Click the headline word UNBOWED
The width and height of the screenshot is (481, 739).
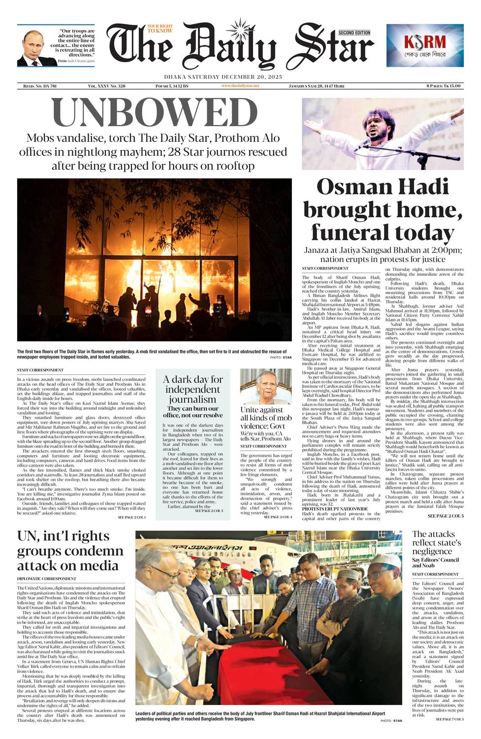[x=155, y=112]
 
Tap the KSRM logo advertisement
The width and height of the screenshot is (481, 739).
[x=424, y=45]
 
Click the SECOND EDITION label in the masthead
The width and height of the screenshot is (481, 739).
[x=354, y=33]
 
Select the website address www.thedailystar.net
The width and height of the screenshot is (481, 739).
[x=240, y=86]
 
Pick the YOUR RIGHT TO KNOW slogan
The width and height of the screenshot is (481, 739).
[x=160, y=29]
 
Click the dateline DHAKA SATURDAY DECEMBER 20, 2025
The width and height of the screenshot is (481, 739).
[x=223, y=77]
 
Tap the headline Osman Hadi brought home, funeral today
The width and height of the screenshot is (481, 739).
[x=383, y=209]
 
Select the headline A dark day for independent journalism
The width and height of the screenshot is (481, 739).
[x=192, y=389]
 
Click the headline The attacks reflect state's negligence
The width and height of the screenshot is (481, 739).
[x=436, y=542]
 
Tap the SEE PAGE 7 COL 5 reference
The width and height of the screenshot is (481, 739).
[x=449, y=720]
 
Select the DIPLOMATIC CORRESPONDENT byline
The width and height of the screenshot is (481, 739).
[x=47, y=578]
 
